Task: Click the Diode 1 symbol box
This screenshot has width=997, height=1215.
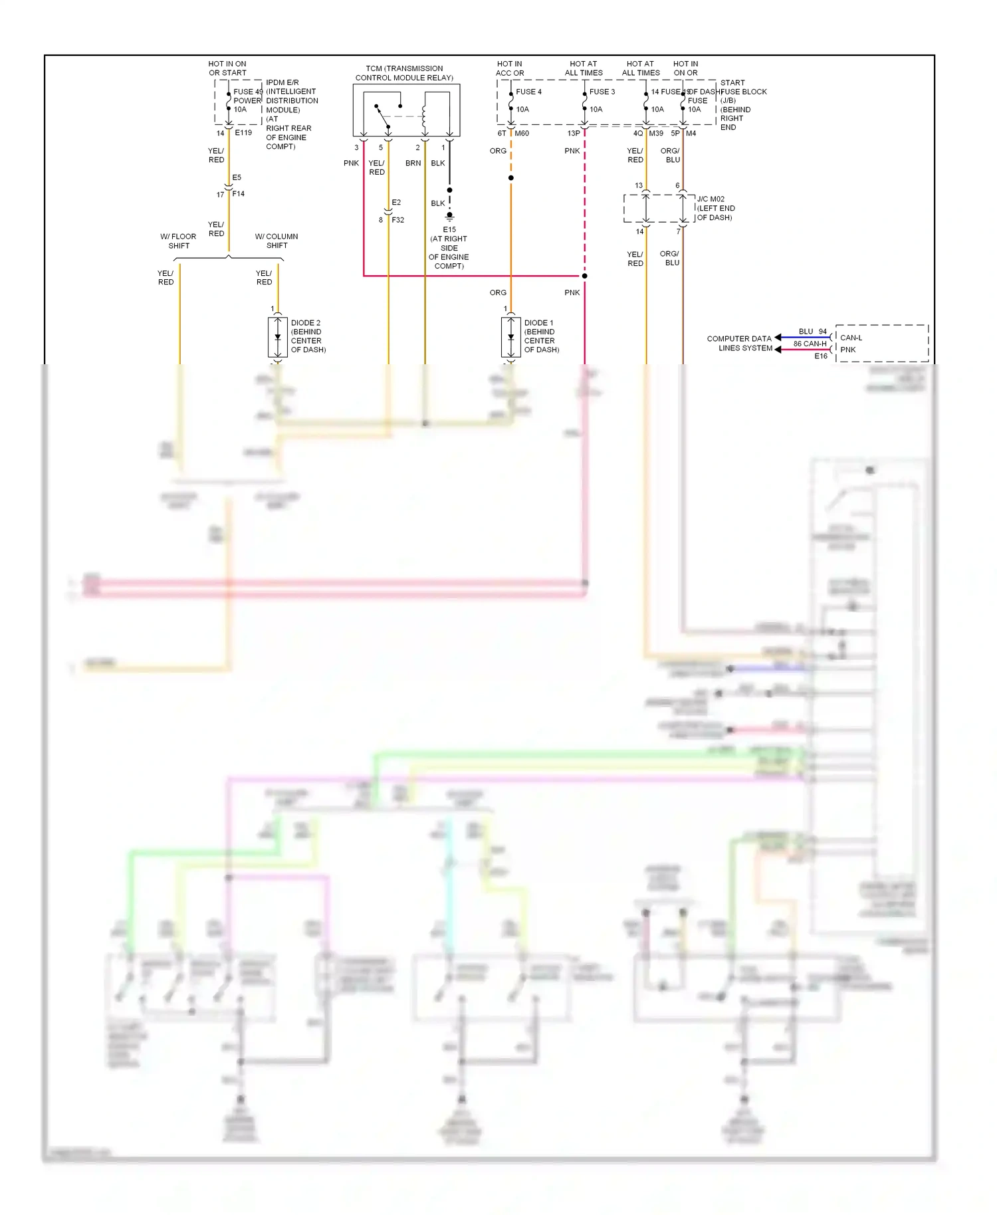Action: (x=510, y=337)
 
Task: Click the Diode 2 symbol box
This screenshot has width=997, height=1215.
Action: (x=277, y=337)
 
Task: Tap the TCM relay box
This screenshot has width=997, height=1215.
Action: (x=406, y=110)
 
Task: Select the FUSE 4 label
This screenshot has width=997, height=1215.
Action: (x=528, y=92)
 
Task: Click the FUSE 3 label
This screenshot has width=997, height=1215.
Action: (x=602, y=92)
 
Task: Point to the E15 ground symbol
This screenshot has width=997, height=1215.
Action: (x=449, y=216)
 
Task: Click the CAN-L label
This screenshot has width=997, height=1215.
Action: (x=851, y=338)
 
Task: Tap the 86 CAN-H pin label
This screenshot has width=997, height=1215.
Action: (x=810, y=344)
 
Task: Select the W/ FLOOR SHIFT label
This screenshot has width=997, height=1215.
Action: (x=178, y=241)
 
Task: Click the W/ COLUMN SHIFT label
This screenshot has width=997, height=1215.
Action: (x=277, y=241)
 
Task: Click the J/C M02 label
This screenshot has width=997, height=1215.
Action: (x=711, y=199)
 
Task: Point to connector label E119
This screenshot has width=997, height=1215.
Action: (x=243, y=133)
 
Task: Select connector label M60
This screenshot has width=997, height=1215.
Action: (x=522, y=134)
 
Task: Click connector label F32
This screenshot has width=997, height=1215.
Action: (x=397, y=220)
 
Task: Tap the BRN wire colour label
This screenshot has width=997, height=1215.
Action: (x=413, y=163)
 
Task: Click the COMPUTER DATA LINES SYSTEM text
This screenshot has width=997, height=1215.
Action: (x=739, y=343)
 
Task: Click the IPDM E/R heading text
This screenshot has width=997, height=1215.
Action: (x=282, y=82)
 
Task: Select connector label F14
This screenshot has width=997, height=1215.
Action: (x=238, y=194)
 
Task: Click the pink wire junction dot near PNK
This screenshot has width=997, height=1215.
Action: (x=584, y=276)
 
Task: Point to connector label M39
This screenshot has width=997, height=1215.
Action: (x=656, y=134)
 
